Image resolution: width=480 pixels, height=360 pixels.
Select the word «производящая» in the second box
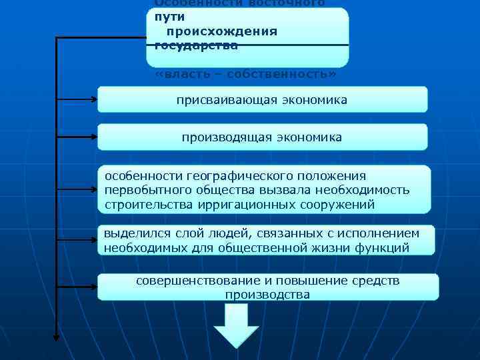pos(223,137)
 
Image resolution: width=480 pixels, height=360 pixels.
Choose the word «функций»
pos(385,247)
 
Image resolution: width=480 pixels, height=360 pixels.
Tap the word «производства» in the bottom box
pos(267,294)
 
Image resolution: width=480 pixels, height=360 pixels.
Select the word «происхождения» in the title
pos(222,31)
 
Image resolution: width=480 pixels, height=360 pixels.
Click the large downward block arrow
pos(236,326)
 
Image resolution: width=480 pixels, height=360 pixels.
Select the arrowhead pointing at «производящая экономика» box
pos(93,137)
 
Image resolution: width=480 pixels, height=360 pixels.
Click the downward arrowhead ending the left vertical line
pos(56,337)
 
